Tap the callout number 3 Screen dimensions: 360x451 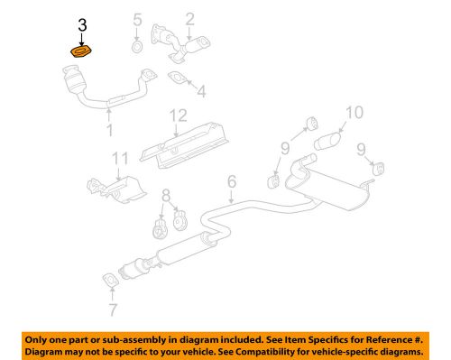[x=83, y=27]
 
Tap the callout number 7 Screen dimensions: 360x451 [x=112, y=311]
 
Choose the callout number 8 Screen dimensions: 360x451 [x=164, y=194]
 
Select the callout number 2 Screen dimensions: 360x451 [x=190, y=19]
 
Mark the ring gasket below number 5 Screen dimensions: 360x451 [x=135, y=46]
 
